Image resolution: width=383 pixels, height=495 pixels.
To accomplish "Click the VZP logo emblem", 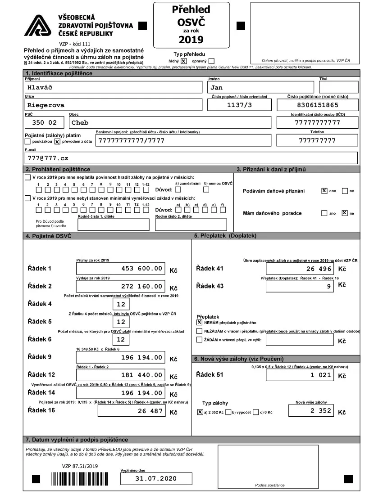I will (x=39, y=26).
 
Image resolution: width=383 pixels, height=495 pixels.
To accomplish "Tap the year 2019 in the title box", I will (x=191, y=40).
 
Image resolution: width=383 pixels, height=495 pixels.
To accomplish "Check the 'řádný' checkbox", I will (x=183, y=61).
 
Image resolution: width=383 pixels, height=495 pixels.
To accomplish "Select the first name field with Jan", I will (x=260, y=88).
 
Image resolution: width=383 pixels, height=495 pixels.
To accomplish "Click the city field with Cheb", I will (x=169, y=122).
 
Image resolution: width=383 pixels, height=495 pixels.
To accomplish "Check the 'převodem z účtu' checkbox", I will (x=57, y=141).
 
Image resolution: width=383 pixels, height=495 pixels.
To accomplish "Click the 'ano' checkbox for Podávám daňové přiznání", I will (x=324, y=191).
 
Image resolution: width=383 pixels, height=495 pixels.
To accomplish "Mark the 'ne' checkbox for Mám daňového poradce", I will (x=345, y=213).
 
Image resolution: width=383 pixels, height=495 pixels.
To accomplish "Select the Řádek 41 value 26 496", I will (x=300, y=269).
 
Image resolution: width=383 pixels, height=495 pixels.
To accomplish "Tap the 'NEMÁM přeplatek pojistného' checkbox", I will (x=200, y=322).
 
